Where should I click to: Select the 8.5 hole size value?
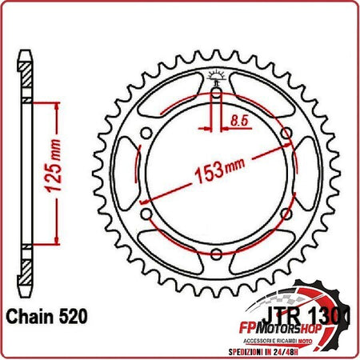(238, 120)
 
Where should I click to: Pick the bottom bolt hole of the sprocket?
(216, 254)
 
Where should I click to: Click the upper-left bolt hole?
(146, 134)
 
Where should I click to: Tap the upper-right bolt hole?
(286, 134)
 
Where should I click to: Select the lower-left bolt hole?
(146, 214)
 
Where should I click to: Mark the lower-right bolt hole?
(286, 214)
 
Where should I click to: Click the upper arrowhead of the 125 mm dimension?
(57, 106)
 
